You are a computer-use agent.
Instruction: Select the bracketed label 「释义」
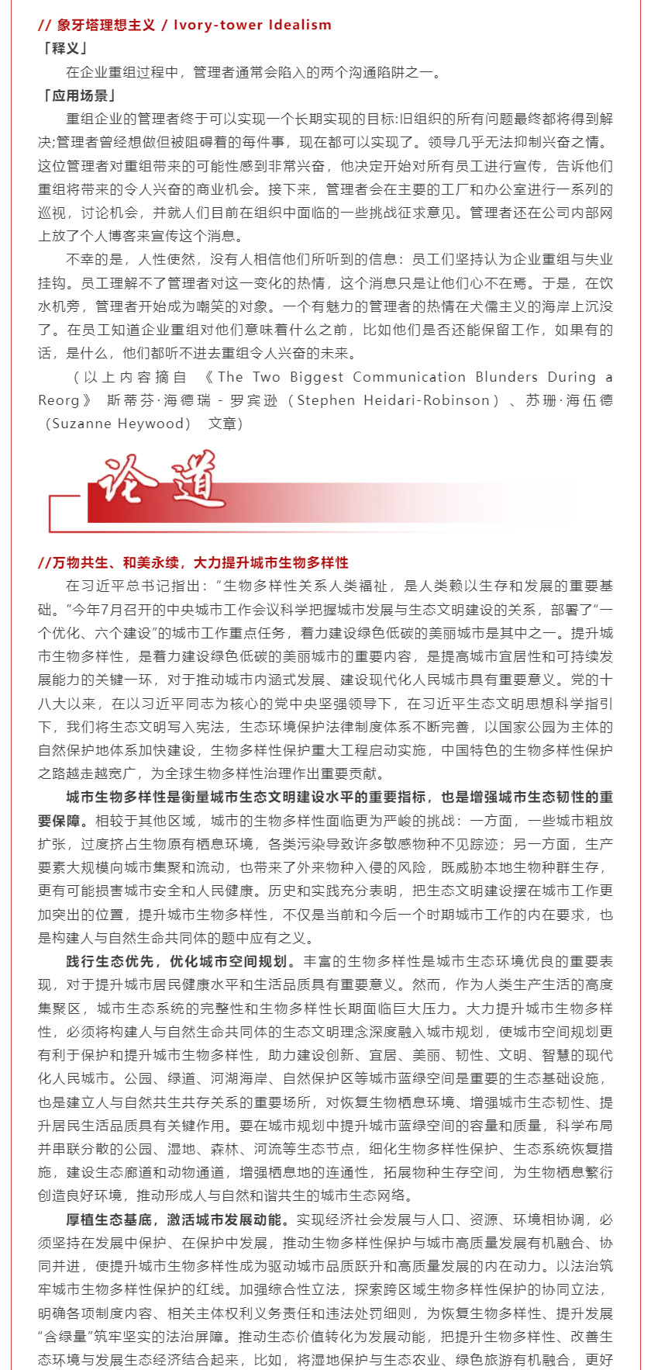(64, 49)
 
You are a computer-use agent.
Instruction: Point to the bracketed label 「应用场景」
(78, 95)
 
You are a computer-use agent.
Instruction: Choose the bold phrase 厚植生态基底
(108, 1220)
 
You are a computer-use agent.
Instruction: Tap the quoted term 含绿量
(65, 1337)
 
